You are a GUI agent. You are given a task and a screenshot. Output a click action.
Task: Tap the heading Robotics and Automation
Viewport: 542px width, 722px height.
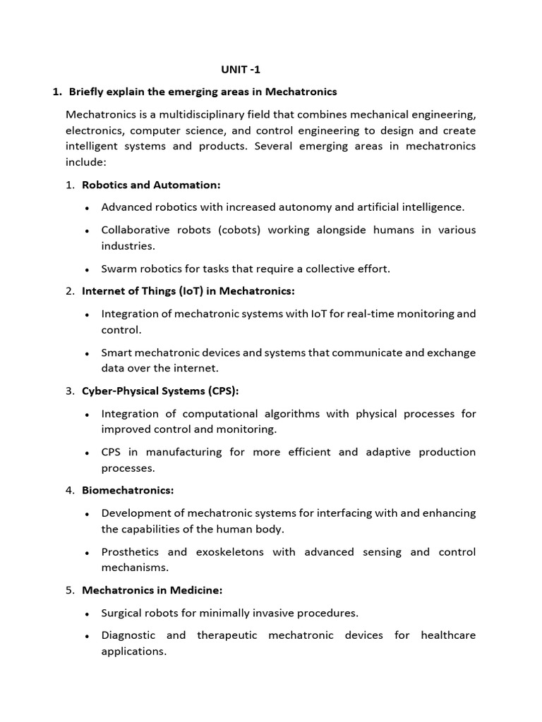coord(151,185)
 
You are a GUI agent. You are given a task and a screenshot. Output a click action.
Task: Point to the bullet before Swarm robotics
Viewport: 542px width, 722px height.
coord(86,269)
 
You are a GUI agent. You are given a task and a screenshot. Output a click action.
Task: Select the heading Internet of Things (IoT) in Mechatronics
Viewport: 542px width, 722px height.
coord(188,291)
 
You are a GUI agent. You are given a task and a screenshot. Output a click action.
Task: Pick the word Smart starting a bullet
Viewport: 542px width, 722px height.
coord(116,353)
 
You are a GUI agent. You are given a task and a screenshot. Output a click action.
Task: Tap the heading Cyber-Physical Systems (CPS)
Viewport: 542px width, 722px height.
coord(165,391)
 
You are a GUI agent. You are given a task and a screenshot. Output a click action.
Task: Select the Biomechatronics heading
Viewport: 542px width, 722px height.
coord(128,491)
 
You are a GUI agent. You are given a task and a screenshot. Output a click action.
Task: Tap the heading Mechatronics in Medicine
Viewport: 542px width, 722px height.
coord(152,591)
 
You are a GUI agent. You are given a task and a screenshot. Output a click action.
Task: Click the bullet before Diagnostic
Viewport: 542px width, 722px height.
coord(86,637)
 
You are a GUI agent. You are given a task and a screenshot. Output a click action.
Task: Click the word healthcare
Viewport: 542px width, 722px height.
coord(448,636)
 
